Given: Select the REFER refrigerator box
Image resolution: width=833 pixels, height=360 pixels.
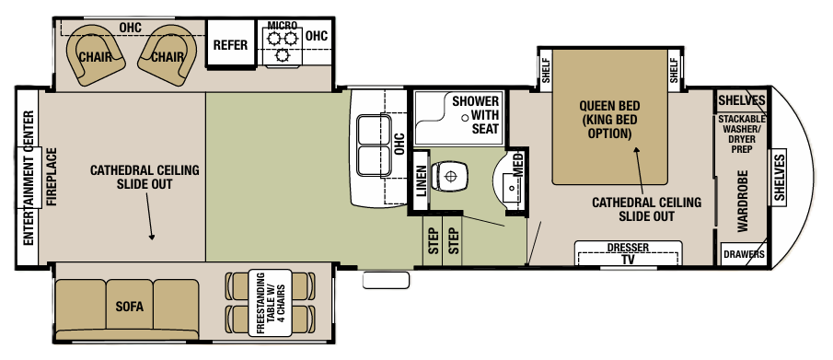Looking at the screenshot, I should [230, 45].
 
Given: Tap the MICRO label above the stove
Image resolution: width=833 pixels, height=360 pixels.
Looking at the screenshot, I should [281, 25].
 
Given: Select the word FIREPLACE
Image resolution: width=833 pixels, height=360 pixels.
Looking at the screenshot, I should [52, 178].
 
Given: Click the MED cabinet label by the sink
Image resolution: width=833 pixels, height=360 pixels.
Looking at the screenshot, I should [518, 167].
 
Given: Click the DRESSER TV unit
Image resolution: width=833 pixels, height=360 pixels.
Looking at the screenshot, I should [628, 253].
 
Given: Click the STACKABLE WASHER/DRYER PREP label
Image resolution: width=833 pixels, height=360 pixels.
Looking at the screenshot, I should [746, 134].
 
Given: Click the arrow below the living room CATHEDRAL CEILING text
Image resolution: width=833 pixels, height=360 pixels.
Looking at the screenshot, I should [151, 221].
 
